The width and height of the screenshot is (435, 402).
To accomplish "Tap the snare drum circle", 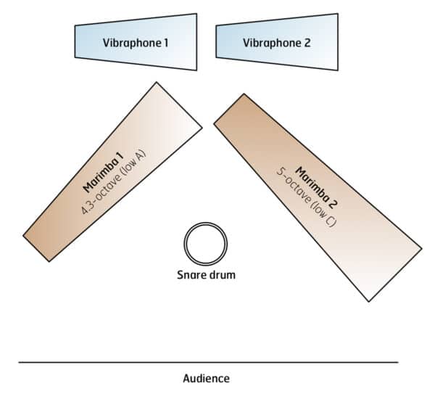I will tap(206, 245).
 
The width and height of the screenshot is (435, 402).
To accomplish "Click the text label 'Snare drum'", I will tap(207, 275).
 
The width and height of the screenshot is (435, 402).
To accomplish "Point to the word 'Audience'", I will tap(206, 379).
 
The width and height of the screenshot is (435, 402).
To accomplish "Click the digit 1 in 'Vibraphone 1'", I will tap(165, 43).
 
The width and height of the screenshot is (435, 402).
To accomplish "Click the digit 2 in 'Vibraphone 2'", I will tap(307, 43).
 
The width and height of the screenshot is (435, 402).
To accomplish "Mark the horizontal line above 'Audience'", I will tap(208, 361).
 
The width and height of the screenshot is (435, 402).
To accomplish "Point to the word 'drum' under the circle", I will tap(222, 275).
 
